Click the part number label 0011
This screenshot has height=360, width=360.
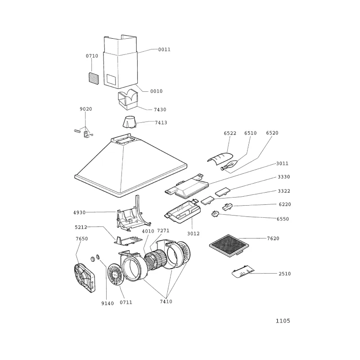(164, 49)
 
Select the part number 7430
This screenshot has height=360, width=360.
(160, 109)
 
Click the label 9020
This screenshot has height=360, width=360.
(86, 109)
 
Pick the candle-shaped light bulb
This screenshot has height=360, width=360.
(229, 165)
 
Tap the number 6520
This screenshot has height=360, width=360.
(272, 133)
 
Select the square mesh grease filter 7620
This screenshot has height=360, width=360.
(229, 245)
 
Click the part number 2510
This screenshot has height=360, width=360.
(285, 274)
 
